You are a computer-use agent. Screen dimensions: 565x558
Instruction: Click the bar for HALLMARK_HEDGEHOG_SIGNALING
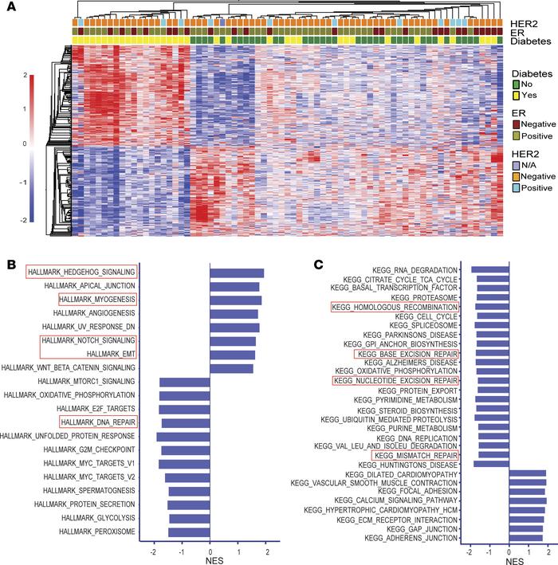click(x=237, y=273)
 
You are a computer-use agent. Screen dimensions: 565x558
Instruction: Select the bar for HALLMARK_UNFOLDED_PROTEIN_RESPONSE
click(x=183, y=436)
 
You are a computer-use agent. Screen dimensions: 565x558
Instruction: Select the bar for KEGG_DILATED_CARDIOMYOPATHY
click(x=528, y=473)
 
